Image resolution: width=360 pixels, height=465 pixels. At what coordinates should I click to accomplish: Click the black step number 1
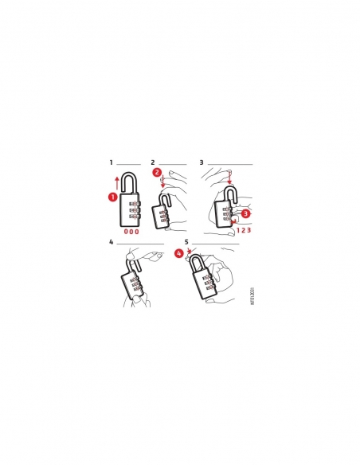click(112, 162)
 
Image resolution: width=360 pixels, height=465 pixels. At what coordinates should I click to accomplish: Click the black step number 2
click(153, 162)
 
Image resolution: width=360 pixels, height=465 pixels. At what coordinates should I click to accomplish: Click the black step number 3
click(202, 162)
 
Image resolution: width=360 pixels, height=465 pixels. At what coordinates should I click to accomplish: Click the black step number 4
click(112, 240)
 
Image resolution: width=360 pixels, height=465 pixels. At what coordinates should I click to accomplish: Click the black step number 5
click(186, 240)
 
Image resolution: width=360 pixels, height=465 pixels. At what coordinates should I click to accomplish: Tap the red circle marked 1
click(113, 196)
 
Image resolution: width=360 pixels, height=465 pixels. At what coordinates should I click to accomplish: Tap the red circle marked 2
click(157, 171)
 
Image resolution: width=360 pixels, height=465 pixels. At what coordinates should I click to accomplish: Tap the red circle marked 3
click(245, 213)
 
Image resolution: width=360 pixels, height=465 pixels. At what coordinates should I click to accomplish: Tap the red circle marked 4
click(178, 253)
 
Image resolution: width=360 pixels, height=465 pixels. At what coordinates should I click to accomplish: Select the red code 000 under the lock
click(132, 232)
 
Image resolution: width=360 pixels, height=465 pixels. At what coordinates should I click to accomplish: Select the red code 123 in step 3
click(245, 231)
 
